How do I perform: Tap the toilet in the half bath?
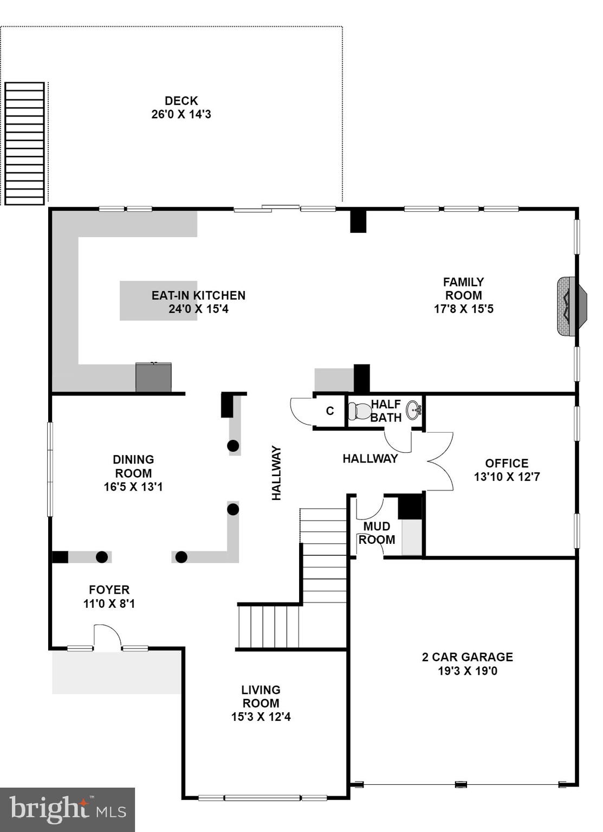[359, 412]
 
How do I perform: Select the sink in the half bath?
[413, 409]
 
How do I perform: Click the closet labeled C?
[330, 411]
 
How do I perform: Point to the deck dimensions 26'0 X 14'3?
[181, 114]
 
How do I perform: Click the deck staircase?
[24, 144]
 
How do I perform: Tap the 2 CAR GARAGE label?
[467, 657]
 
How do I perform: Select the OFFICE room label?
[507, 463]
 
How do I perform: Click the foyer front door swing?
[107, 636]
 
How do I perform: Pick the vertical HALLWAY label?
[276, 473]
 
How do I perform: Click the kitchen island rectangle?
[158, 301]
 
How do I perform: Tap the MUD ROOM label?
[377, 533]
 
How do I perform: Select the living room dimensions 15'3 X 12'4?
[261, 717]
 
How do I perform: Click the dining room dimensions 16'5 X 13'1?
[133, 486]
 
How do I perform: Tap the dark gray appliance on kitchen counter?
[153, 378]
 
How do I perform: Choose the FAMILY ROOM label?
[463, 289]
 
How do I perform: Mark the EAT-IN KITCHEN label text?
[198, 295]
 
